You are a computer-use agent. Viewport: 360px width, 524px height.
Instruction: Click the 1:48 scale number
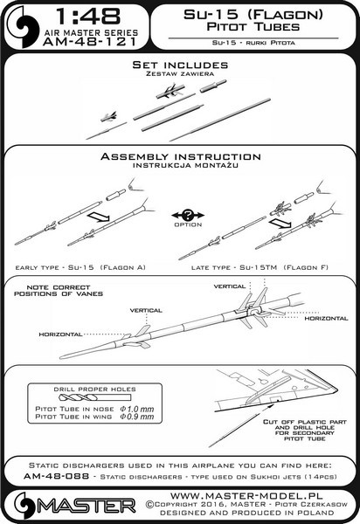[x=88, y=17]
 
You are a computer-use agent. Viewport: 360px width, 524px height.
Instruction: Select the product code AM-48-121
[x=90, y=42]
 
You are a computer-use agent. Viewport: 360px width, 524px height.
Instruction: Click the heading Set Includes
[x=180, y=65]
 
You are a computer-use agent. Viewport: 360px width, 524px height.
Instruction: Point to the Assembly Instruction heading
[x=181, y=156]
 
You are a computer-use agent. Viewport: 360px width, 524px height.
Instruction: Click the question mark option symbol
[x=188, y=215]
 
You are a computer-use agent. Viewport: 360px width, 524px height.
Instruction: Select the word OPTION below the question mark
[x=188, y=225]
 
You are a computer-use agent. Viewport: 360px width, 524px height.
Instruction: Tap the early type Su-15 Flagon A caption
[x=80, y=267]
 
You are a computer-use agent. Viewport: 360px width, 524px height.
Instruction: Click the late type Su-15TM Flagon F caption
[x=260, y=267]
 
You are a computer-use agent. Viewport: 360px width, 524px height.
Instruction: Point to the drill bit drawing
[x=94, y=398]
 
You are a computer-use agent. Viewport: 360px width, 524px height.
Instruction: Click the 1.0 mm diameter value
[x=136, y=409]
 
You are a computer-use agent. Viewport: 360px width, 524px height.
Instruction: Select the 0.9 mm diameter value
[x=136, y=417]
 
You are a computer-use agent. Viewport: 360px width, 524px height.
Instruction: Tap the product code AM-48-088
[x=57, y=476]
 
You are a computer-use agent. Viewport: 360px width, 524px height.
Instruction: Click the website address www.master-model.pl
[x=246, y=495]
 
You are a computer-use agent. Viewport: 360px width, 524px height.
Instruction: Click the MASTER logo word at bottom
[x=87, y=507]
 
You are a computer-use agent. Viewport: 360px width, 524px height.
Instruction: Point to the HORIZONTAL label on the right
[x=326, y=319]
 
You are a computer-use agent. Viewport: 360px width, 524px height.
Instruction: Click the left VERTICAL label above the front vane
[x=146, y=310]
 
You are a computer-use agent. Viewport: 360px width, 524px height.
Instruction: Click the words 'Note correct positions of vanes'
[x=59, y=291]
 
